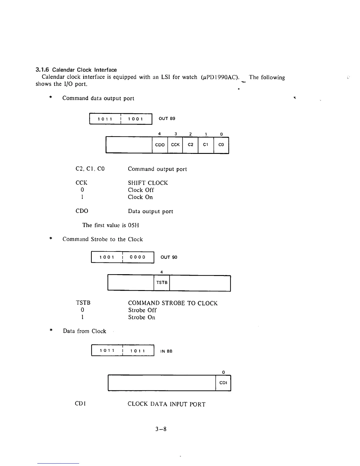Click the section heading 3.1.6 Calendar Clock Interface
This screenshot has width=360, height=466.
(76, 70)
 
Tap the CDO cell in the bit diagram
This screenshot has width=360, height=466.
(160, 145)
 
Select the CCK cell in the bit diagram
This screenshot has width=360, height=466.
(175, 145)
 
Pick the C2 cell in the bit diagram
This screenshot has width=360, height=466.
(190, 145)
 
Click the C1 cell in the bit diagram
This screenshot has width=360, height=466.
(206, 145)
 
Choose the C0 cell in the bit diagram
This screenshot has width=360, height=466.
(221, 145)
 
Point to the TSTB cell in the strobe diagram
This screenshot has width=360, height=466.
(162, 283)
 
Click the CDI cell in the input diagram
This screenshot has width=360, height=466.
(223, 383)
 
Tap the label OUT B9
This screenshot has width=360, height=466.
(167, 119)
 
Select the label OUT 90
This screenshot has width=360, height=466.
(169, 257)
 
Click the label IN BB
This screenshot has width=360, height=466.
(166, 351)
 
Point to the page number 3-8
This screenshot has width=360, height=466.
(161, 429)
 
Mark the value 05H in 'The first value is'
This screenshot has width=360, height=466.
(134, 225)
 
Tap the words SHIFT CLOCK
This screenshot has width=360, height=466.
(148, 183)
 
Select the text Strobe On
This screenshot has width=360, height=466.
(141, 317)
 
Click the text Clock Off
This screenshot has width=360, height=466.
(141, 190)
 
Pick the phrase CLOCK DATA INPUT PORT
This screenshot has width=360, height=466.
(166, 404)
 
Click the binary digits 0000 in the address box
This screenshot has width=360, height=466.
(138, 257)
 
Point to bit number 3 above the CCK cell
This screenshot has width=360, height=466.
(176, 134)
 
